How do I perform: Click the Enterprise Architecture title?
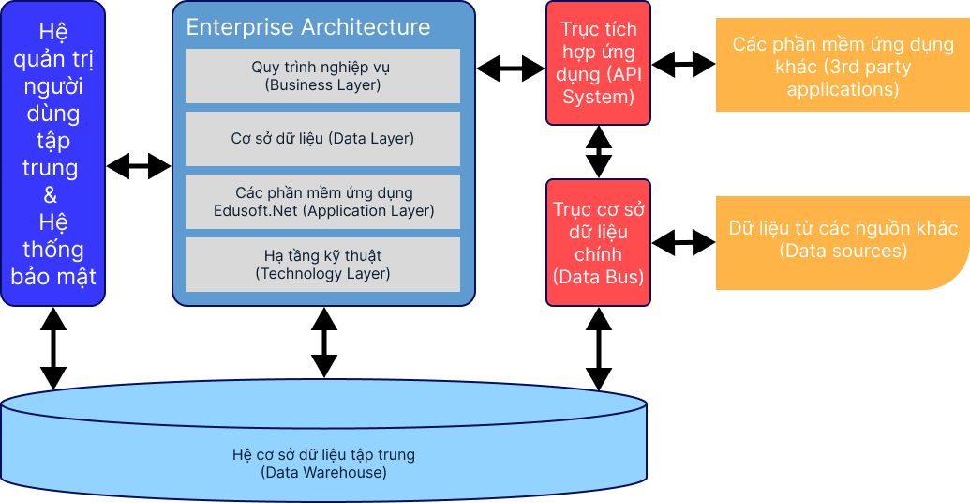pos(308,27)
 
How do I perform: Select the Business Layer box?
pos(322,76)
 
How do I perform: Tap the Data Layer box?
pos(322,139)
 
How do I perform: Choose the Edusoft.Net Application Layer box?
pos(322,202)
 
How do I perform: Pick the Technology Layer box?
pos(322,265)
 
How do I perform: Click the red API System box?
pos(598,63)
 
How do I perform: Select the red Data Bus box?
pos(598,242)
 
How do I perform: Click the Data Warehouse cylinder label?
pos(323,464)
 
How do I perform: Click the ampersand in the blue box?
pos(52,195)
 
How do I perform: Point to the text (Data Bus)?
pos(598,277)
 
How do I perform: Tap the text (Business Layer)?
pos(322,85)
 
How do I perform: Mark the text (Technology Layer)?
pos(322,274)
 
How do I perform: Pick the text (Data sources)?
pos(843,251)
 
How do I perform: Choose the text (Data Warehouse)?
pos(323,473)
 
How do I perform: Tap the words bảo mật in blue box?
pos(52,277)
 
